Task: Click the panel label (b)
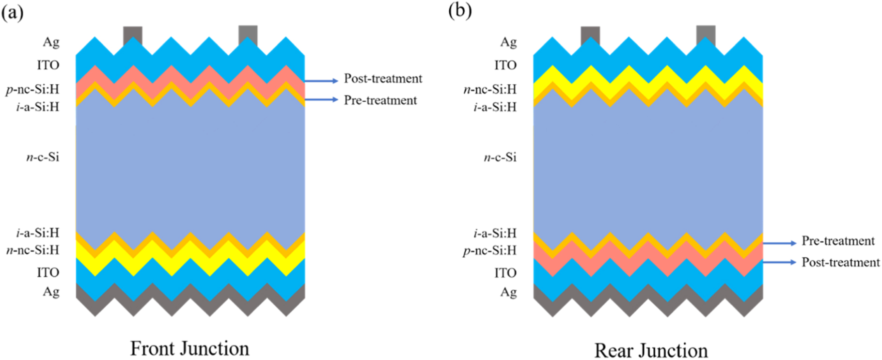pos(459,11)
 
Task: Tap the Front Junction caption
pos(189,348)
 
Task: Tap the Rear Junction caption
pos(651,350)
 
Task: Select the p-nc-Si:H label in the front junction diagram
pos(32,90)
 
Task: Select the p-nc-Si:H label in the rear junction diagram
pos(489,250)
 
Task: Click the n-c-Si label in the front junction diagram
pos(43,157)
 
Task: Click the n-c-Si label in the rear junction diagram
pos(500,157)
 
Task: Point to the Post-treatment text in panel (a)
pos(383,78)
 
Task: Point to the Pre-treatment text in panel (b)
pos(837,241)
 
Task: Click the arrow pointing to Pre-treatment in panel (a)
pos(321,100)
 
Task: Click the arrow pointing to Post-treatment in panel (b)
pos(779,262)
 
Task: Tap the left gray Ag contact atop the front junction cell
pos(132,35)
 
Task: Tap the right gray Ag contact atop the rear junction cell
pos(706,35)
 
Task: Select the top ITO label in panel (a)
pos(48,65)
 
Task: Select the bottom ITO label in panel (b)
pos(505,273)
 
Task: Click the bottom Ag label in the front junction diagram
pos(51,292)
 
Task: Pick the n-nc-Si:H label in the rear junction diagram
pos(490,90)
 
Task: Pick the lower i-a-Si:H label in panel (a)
pos(37,233)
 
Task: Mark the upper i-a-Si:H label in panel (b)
pos(495,107)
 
